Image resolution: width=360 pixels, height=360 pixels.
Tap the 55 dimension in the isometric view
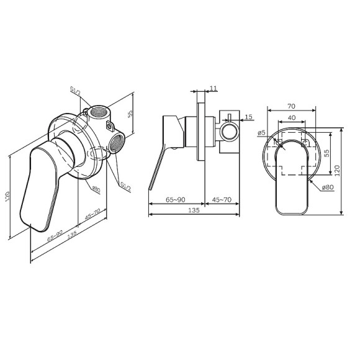pyautogui.click(x=130, y=114)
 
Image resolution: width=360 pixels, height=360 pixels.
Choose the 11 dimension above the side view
pyautogui.click(x=214, y=89)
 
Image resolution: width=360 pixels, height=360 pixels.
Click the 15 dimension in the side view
pyautogui.click(x=248, y=116)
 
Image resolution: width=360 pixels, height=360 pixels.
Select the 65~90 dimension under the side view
pyautogui.click(x=176, y=199)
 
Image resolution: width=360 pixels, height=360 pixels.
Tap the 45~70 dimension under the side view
pyautogui.click(x=222, y=199)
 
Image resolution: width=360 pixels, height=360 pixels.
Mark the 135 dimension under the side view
pyautogui.click(x=194, y=211)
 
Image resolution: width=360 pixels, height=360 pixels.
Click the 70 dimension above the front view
pyautogui.click(x=292, y=106)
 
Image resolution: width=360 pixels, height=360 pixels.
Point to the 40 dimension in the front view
pyautogui.click(x=292, y=118)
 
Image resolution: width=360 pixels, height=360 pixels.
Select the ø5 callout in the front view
pyautogui.click(x=261, y=132)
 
